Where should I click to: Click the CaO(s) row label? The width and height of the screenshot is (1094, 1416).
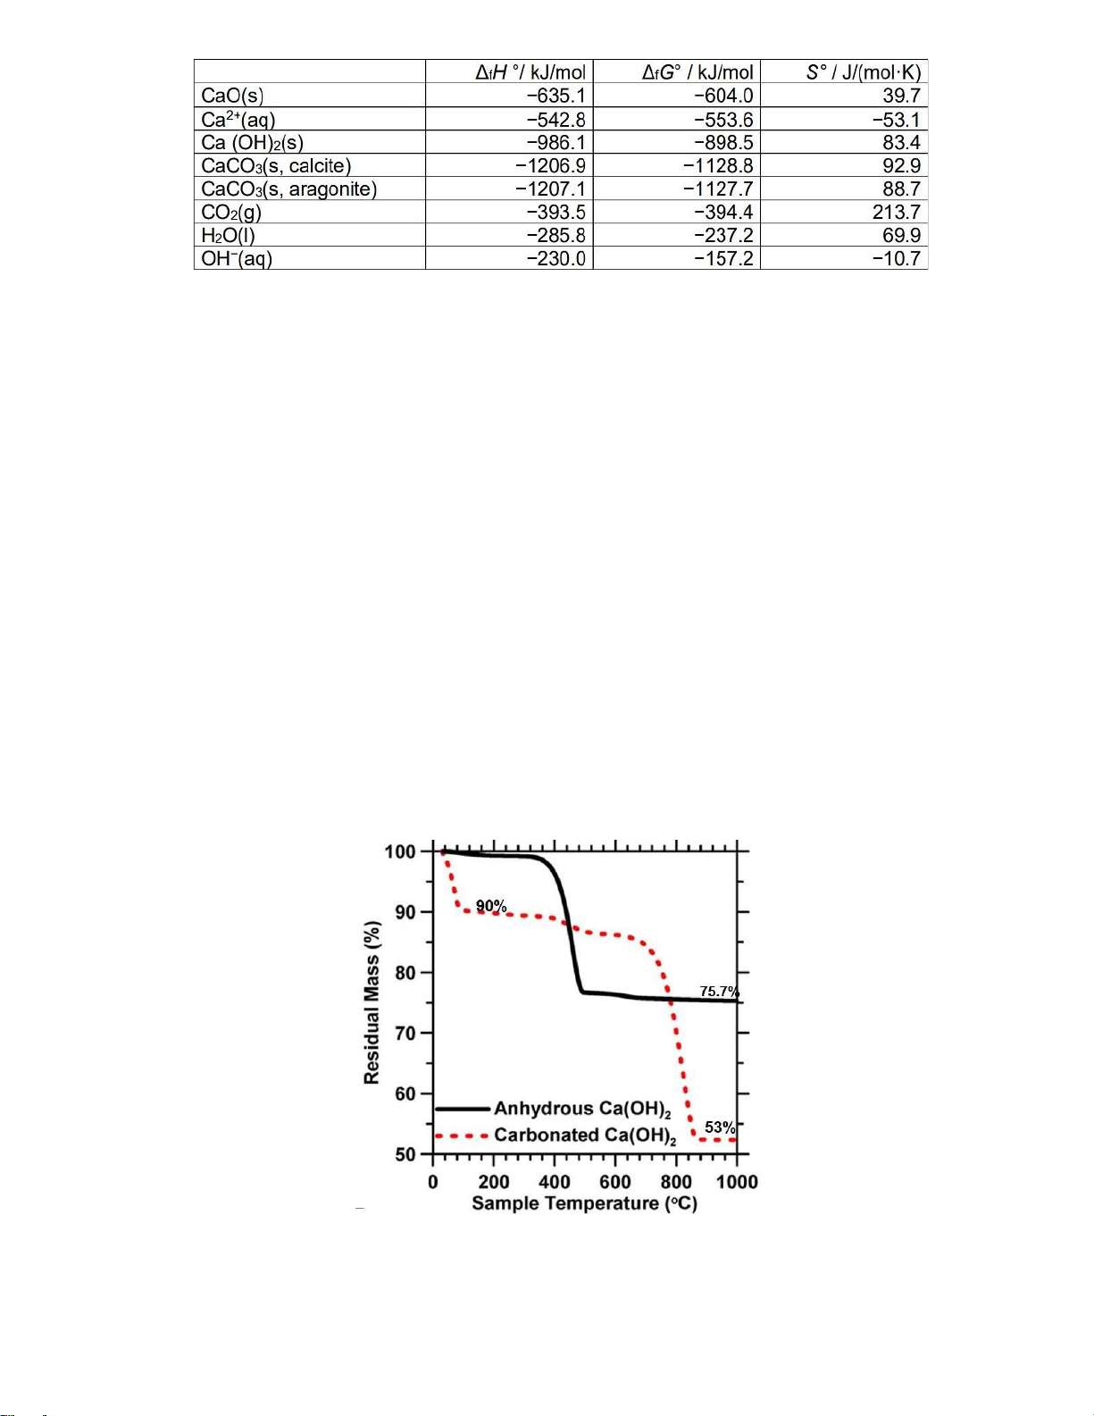coord(232,96)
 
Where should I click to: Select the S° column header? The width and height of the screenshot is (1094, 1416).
coord(863,72)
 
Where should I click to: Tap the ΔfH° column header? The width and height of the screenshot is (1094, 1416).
coord(530,72)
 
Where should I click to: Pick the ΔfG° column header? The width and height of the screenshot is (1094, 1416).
coord(697,72)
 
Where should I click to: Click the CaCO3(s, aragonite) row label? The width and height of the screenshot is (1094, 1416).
coord(289,189)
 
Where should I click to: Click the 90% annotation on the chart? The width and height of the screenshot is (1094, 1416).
coord(491,906)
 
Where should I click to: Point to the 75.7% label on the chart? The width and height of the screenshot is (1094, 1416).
coord(719,992)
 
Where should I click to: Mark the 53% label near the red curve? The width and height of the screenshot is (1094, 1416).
coord(720,1127)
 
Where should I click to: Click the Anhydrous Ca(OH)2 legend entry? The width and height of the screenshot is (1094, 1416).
coord(582,1109)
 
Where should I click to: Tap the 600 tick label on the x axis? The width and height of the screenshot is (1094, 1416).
coord(615,1182)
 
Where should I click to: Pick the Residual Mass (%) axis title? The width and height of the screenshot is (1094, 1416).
coord(372,1003)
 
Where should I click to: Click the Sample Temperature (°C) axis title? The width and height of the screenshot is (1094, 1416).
coord(584,1203)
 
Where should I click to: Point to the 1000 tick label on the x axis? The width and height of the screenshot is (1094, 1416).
coord(737,1182)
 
